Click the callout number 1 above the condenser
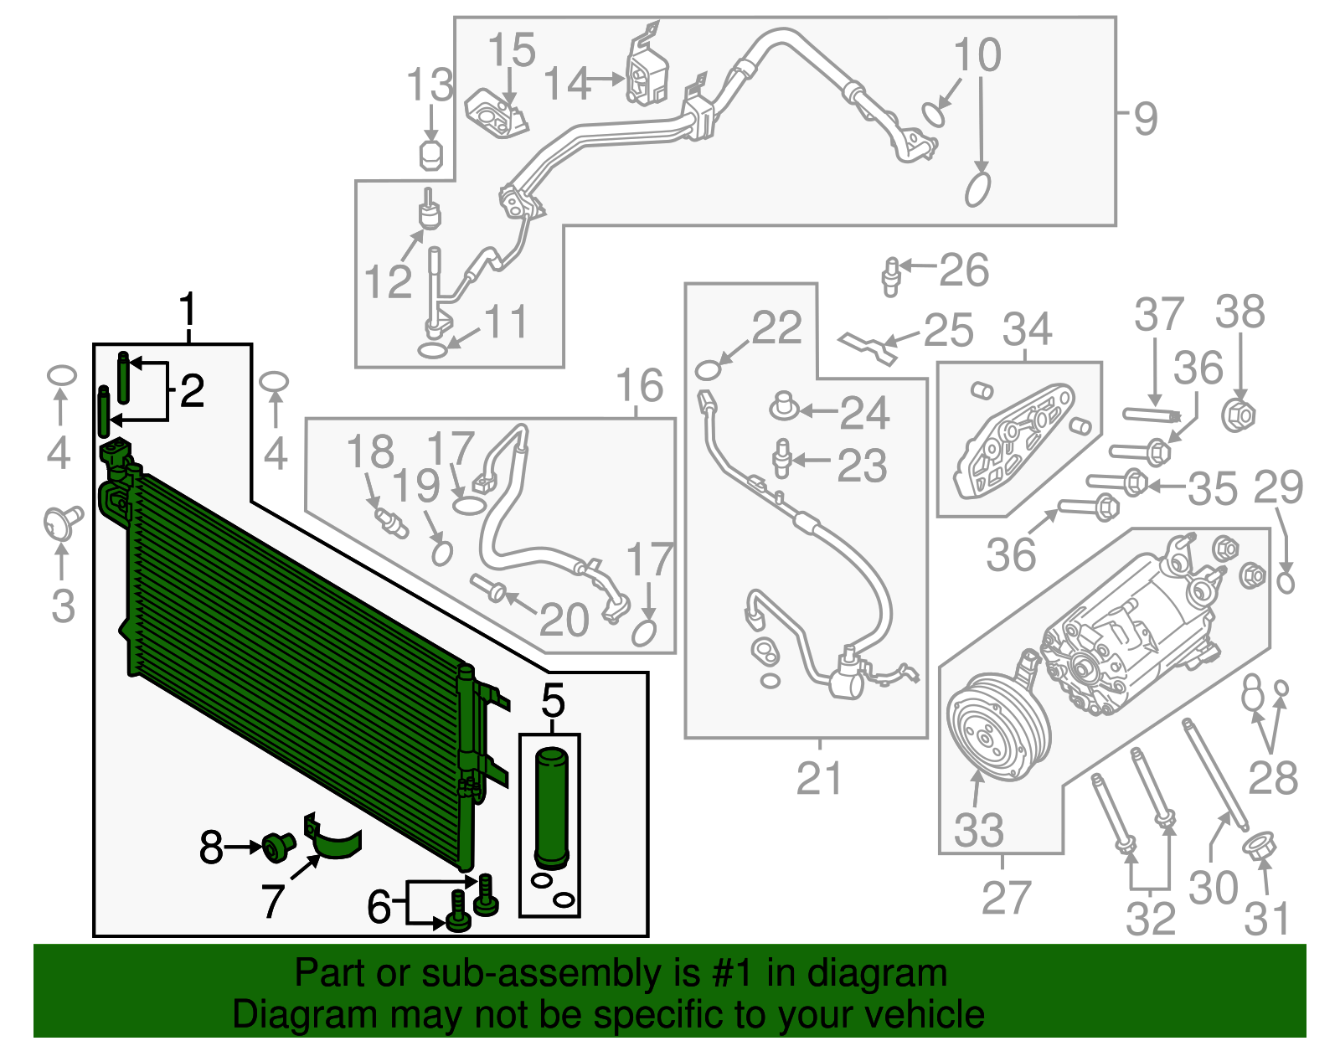pos(188,311)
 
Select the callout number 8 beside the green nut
pos(211,848)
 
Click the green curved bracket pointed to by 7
pos(337,842)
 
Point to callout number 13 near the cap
pos(430,85)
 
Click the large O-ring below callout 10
pos(977,189)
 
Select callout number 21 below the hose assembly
pos(819,778)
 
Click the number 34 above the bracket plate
pos(1027,329)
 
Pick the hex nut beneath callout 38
pos(1239,415)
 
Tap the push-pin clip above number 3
pos(62,522)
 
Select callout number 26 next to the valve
pos(964,271)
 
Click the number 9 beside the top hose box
pos(1146,119)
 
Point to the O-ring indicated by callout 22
pos(708,371)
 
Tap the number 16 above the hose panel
pos(639,386)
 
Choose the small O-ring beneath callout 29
pos(1286,580)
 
